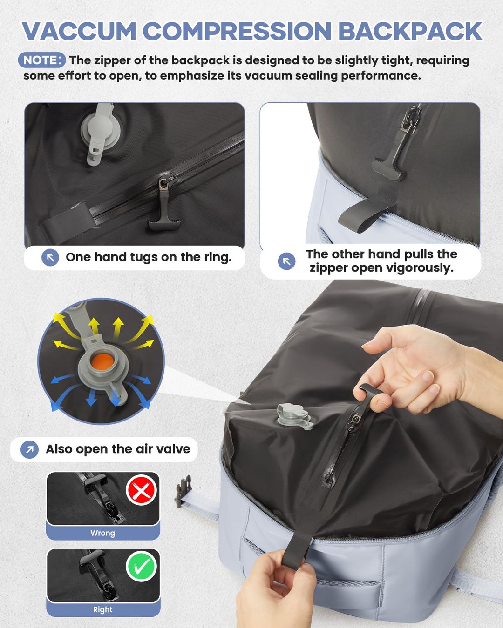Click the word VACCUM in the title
coord(79,32)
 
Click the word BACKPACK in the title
coord(409,32)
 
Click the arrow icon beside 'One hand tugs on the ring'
coord(50,257)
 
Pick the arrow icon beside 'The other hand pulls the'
coord(286,261)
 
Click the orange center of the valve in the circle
coord(102,362)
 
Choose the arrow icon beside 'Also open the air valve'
coord(30,449)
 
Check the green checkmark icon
coord(141,566)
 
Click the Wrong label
coord(102,533)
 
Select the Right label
coord(102,609)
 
